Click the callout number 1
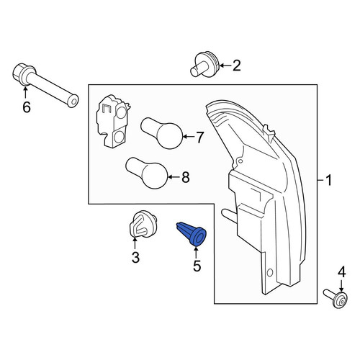click(x=328, y=180)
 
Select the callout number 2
click(x=237, y=66)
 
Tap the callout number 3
click(x=135, y=258)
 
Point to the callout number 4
click(x=342, y=272)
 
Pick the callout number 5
click(x=197, y=266)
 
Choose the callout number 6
click(x=27, y=107)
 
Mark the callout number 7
click(x=199, y=138)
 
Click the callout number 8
click(x=186, y=177)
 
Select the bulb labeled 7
click(x=162, y=133)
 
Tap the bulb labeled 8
click(x=147, y=173)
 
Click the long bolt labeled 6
click(x=45, y=85)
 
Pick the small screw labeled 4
click(x=336, y=299)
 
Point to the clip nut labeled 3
click(x=142, y=225)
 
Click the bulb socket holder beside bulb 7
click(x=112, y=121)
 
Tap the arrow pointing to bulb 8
click(x=174, y=177)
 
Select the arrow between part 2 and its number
click(x=225, y=66)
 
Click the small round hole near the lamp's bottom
click(x=270, y=273)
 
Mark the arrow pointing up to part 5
click(x=196, y=252)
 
